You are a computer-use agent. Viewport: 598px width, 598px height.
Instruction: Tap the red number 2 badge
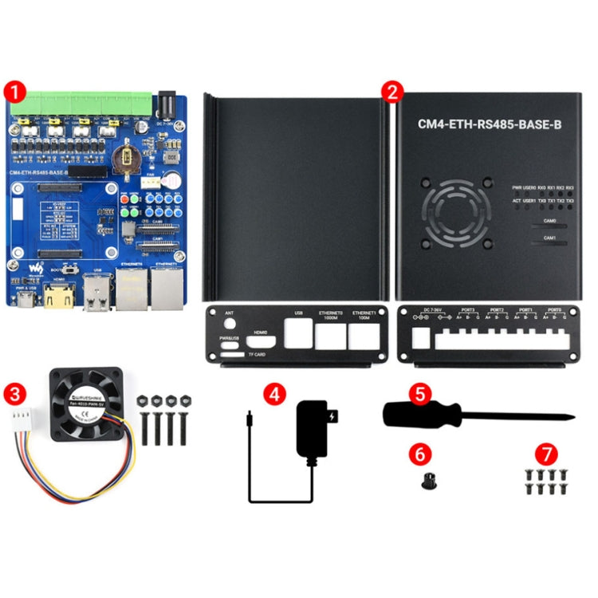click(x=391, y=90)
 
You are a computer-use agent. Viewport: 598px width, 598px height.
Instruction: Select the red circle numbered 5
click(x=420, y=392)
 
